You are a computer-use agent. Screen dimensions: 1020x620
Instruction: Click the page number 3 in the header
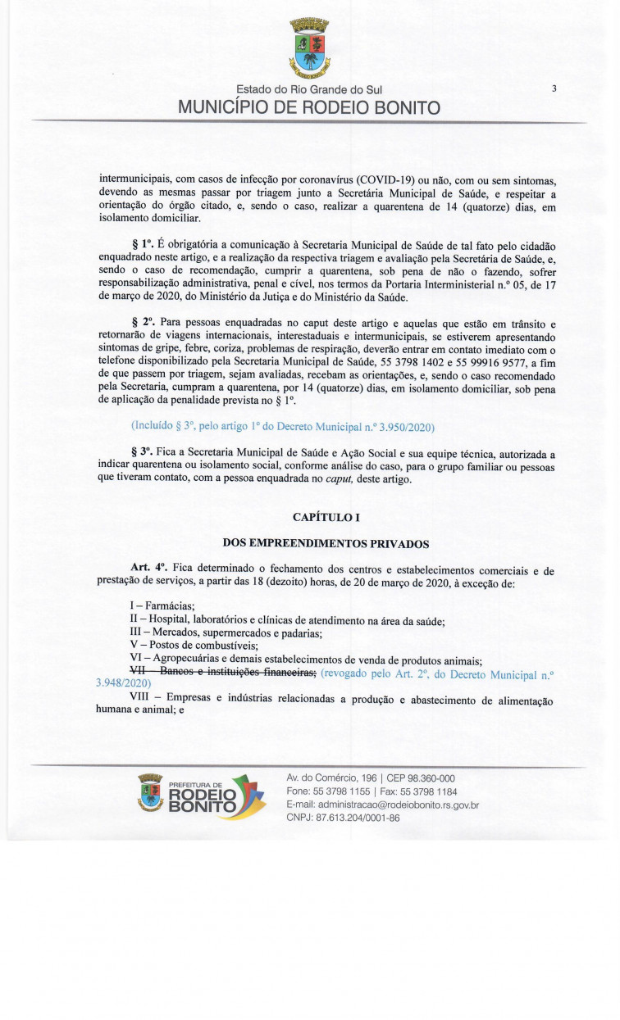click(x=554, y=88)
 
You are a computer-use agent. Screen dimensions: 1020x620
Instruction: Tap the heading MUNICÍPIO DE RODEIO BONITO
click(x=309, y=108)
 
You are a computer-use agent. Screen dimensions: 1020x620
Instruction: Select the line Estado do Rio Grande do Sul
click(x=309, y=89)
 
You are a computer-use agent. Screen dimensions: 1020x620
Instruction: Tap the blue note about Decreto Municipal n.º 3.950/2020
click(x=282, y=427)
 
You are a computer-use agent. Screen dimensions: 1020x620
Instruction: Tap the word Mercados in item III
click(x=166, y=632)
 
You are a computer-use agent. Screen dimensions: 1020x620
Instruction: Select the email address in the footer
click(x=382, y=805)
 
